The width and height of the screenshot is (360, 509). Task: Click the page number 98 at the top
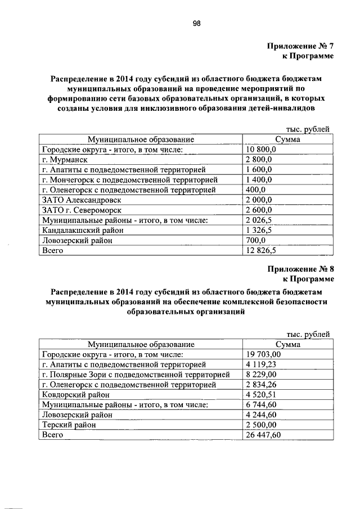(197, 24)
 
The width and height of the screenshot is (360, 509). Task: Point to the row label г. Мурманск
(65, 160)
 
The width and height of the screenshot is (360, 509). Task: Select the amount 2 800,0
(259, 160)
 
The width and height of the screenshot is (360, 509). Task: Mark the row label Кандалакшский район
(83, 231)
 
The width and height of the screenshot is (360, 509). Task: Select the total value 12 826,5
(260, 251)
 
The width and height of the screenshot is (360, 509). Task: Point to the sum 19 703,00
(263, 354)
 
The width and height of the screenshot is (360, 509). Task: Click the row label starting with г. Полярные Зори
(136, 375)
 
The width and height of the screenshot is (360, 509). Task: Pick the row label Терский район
(70, 425)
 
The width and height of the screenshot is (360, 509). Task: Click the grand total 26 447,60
(263, 435)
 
